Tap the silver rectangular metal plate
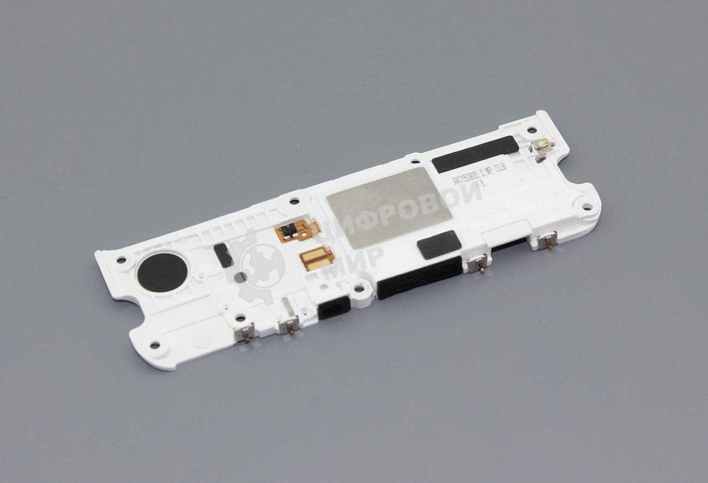pos(390,204)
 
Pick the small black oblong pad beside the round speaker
pos(222,255)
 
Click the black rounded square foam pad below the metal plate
pos(439,244)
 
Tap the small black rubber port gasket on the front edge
pos(334,309)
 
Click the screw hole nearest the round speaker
pos(120,260)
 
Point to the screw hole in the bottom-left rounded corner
pos(154,345)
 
